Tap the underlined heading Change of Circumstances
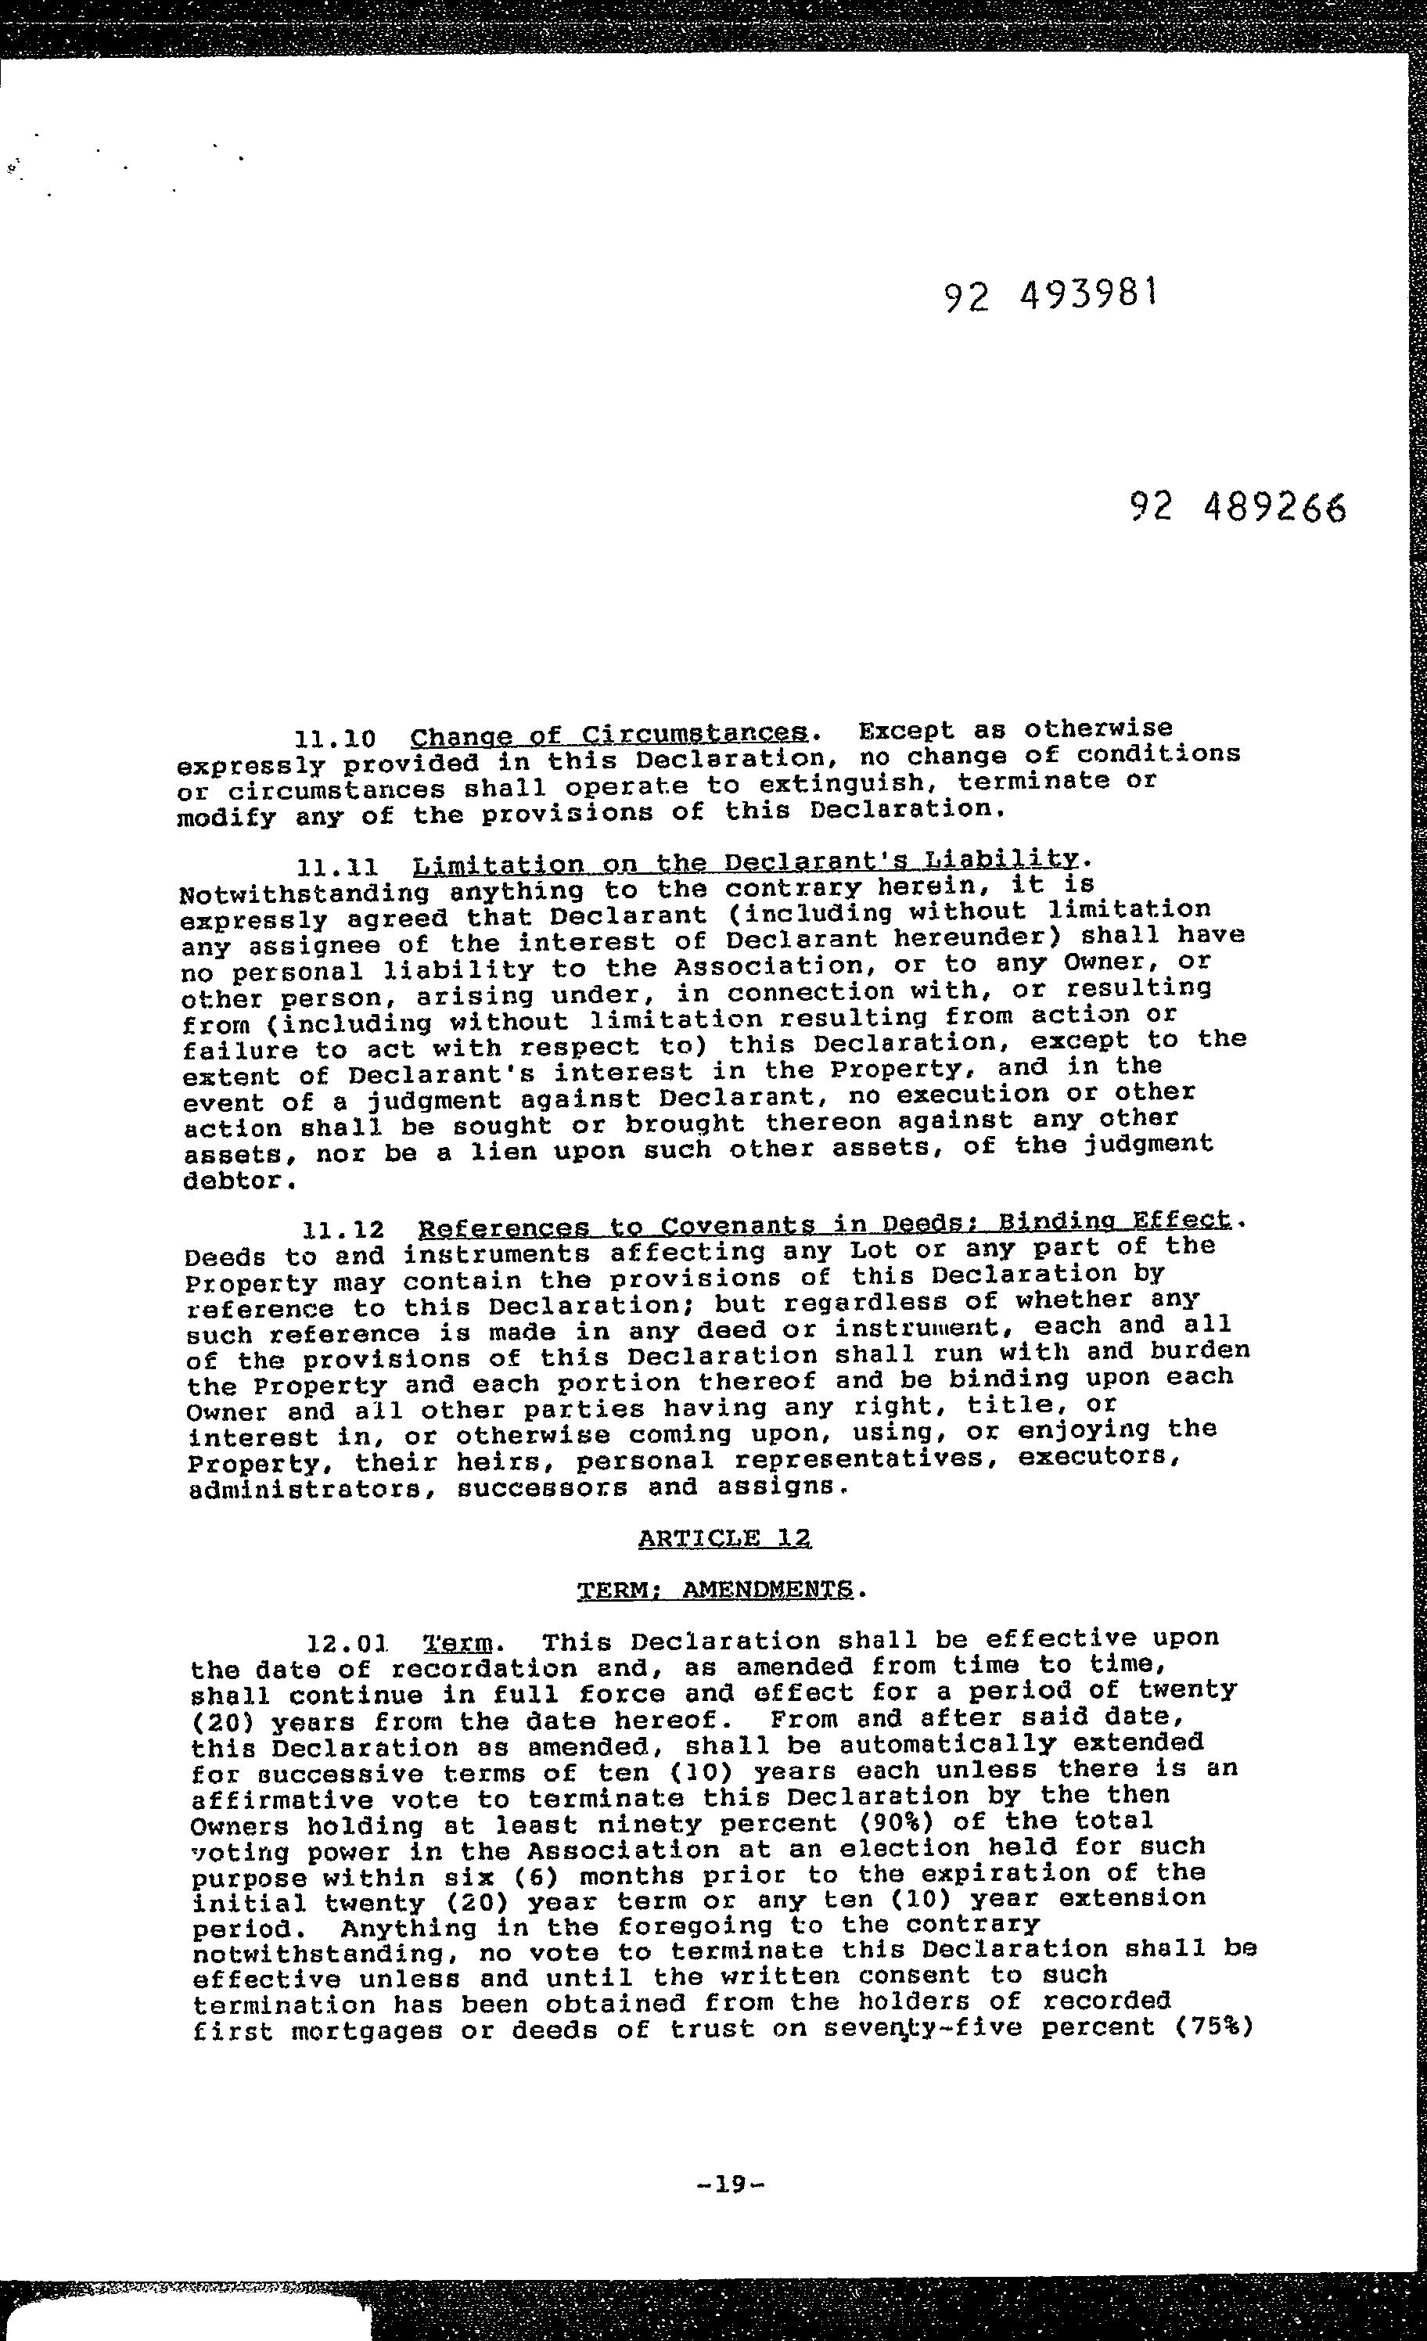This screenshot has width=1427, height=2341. tap(610, 735)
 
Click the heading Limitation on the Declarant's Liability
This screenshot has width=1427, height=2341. tap(747, 863)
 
